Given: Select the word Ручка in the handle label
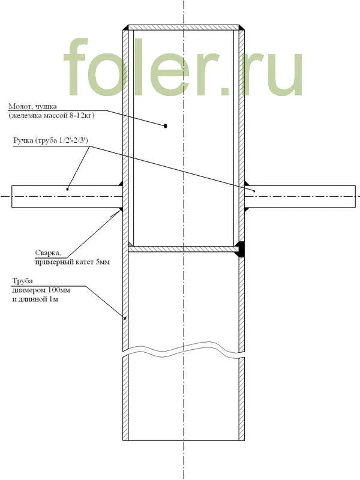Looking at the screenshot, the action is (23, 141).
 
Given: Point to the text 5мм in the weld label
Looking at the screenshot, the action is (103, 262).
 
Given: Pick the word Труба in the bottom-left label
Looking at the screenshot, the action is (22, 281).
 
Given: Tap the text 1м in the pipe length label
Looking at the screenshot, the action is (53, 299).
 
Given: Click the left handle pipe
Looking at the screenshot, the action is (67, 197).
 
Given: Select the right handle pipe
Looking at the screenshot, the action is (300, 197).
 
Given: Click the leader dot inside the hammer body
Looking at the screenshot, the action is (166, 125).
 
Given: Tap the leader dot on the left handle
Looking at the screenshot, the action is (68, 189).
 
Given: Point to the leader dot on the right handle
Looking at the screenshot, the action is (254, 191).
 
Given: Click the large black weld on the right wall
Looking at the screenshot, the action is (241, 249).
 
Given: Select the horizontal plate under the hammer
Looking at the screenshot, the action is (184, 249).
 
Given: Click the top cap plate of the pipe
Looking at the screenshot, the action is (184, 28).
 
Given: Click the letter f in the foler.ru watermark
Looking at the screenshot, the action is (76, 67).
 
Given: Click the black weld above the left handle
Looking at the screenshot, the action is (121, 184).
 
